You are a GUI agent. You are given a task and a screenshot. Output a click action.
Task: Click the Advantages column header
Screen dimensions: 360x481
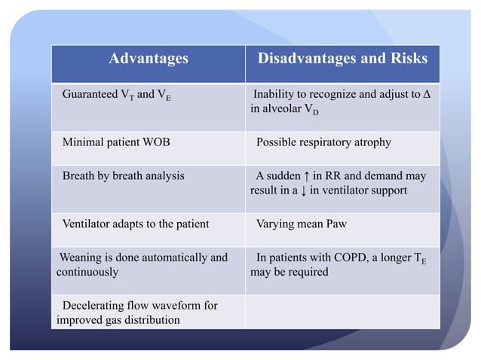pos(148,59)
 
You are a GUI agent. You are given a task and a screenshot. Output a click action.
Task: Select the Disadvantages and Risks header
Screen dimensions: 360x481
pos(342,59)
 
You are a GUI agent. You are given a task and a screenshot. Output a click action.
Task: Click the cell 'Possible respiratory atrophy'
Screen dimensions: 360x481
pos(323,142)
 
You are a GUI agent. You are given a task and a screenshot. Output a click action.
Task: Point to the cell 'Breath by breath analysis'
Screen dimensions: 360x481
pos(123,176)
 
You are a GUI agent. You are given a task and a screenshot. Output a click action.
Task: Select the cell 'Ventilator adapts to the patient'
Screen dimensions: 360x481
pos(136,224)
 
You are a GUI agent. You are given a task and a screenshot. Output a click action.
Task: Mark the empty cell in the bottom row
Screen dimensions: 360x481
pos(342,312)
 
